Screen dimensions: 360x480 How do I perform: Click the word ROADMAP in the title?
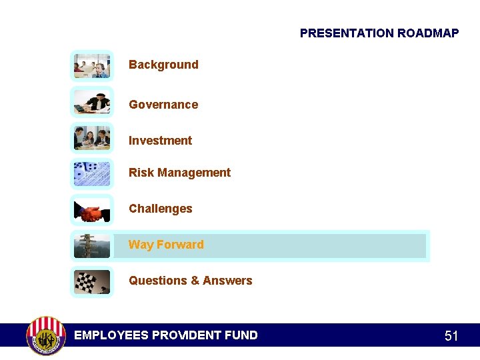tap(428, 33)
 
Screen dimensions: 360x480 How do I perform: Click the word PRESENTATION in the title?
tap(347, 33)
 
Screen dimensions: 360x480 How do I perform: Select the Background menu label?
tap(163, 65)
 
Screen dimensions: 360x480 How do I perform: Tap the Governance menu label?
tap(163, 105)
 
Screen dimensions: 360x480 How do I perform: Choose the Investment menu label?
tap(160, 141)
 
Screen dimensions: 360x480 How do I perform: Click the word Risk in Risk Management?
tap(141, 173)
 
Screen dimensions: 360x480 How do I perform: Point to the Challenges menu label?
tap(160, 209)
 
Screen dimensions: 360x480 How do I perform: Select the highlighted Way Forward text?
tap(166, 245)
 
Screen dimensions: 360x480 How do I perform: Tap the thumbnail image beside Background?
tap(92, 66)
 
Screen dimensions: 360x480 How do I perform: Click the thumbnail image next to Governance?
tap(92, 102)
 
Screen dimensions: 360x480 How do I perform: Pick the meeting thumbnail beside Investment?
tap(92, 138)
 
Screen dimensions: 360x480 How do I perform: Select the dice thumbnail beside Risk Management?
tap(92, 174)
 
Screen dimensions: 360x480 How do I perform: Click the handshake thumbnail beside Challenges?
tap(92, 210)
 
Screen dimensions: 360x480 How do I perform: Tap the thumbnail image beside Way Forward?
tap(92, 246)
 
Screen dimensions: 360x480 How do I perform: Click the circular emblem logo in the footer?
tap(46, 335)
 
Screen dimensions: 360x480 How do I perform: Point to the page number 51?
tap(451, 336)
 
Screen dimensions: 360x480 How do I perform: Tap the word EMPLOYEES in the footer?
tap(111, 335)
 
